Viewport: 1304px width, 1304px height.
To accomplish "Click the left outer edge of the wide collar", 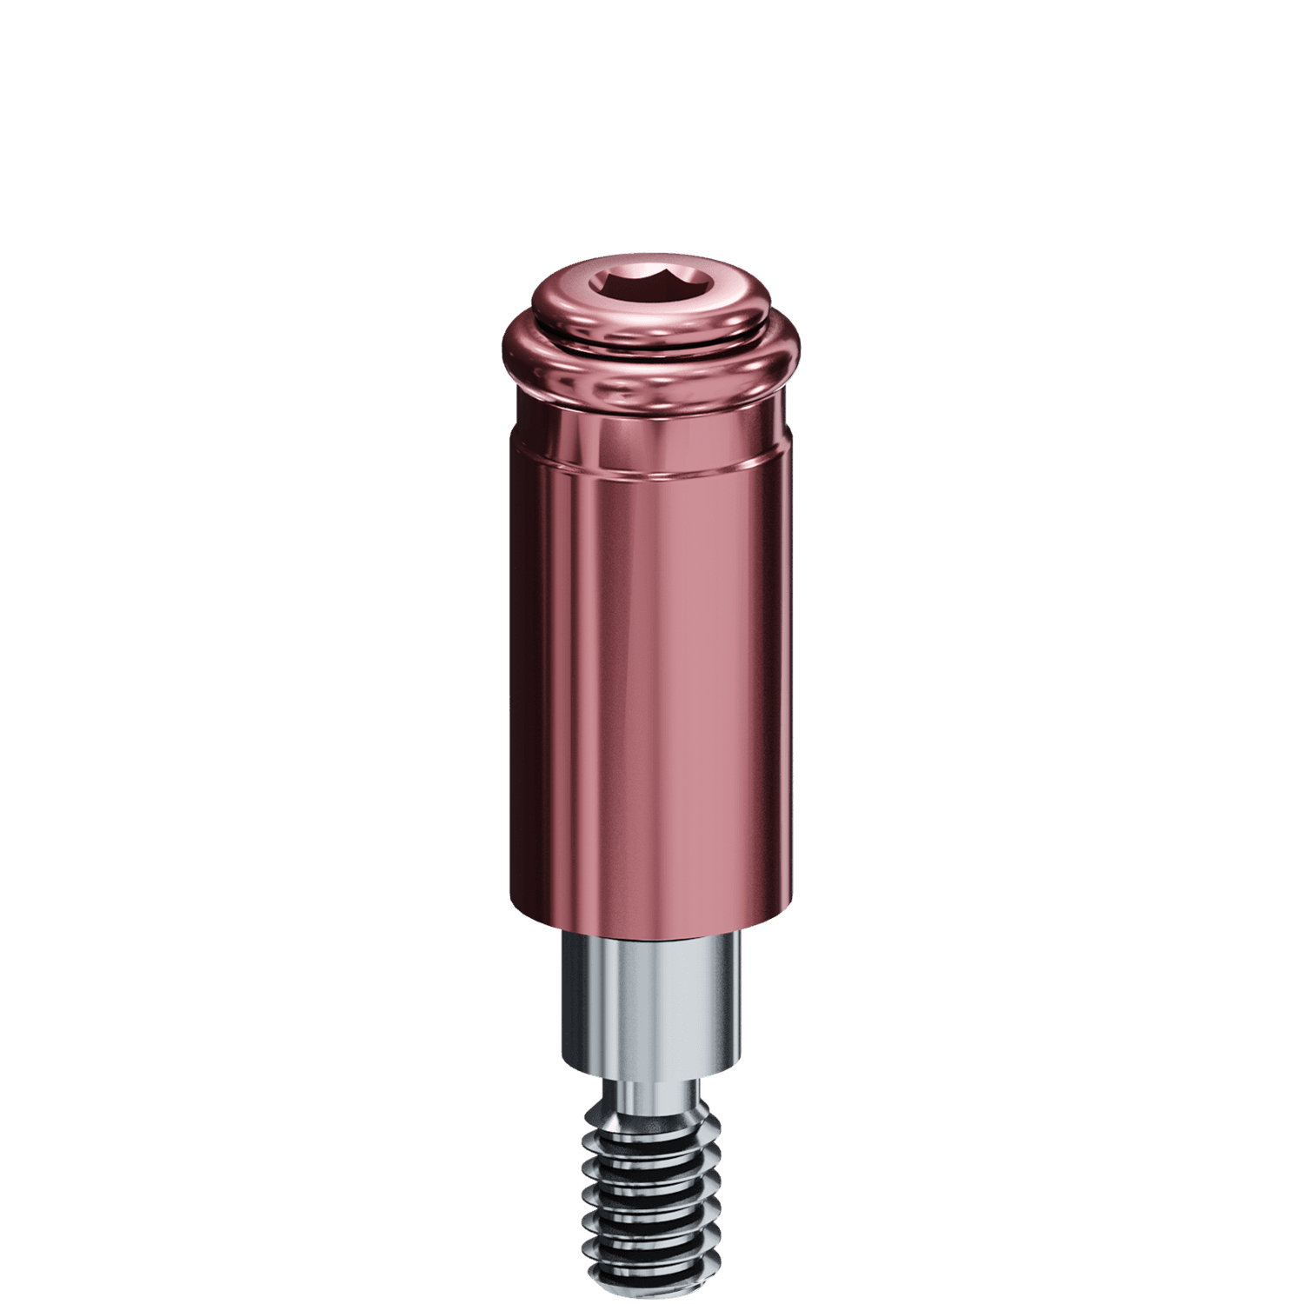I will click(x=506, y=361).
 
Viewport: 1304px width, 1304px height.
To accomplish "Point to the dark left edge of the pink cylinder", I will click(x=515, y=695).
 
